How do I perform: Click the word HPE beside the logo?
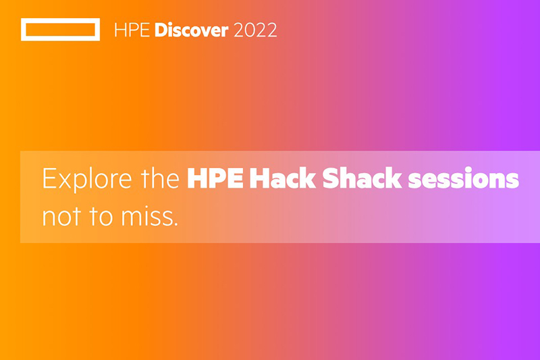(132, 30)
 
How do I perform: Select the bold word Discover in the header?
(192, 30)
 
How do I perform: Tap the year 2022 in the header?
(255, 30)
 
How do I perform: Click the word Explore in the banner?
(87, 178)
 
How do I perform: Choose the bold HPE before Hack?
(215, 178)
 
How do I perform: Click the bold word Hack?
(282, 178)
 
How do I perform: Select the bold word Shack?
(362, 178)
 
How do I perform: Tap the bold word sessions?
(464, 179)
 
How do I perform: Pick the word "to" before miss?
(101, 217)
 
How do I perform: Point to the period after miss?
(175, 224)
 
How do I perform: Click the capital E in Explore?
(49, 178)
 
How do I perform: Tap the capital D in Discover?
(162, 30)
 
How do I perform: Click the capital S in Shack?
(331, 178)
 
